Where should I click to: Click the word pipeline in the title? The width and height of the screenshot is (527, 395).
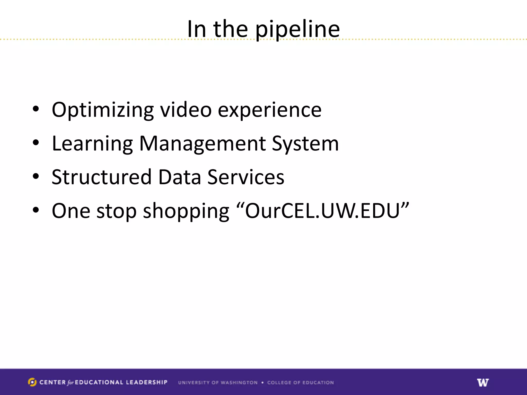297,30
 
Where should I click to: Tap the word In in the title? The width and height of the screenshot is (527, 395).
197,29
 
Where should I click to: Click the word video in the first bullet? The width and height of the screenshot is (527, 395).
186,110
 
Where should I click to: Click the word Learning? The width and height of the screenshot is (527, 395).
92,144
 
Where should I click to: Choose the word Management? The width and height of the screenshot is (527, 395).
202,144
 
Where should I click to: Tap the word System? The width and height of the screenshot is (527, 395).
305,144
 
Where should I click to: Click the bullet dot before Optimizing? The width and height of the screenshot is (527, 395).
36,109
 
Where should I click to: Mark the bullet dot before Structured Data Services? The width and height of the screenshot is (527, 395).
36,176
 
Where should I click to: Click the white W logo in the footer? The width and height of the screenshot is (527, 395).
483,382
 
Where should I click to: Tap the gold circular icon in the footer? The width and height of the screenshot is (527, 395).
32,382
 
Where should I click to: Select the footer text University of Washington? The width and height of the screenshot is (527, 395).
218,383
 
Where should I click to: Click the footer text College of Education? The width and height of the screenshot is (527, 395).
300,383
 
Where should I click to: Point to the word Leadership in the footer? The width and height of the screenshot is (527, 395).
147,382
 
